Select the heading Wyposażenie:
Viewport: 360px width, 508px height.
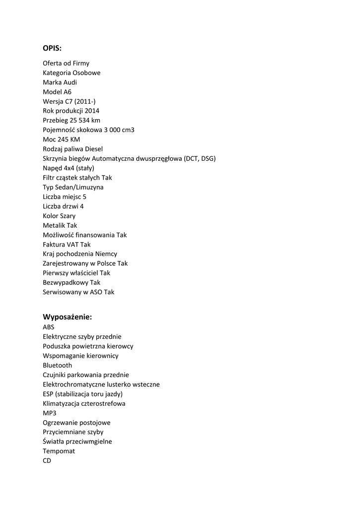(x=68, y=317)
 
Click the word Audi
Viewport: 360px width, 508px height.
(x=70, y=82)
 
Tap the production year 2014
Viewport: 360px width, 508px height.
(x=92, y=111)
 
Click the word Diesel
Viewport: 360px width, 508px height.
(x=94, y=149)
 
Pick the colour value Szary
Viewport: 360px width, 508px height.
(x=68, y=216)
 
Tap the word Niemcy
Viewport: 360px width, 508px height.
(x=106, y=254)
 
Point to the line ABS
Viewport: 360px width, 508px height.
(x=49, y=327)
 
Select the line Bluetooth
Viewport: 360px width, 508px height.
(x=57, y=366)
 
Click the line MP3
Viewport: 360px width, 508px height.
(x=50, y=413)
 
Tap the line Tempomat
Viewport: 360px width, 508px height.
(x=59, y=451)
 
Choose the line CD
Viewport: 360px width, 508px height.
(x=47, y=461)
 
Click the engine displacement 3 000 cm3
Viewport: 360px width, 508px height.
(x=119, y=130)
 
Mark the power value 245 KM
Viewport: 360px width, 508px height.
(x=69, y=139)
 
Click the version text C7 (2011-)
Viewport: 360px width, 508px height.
(x=80, y=101)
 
